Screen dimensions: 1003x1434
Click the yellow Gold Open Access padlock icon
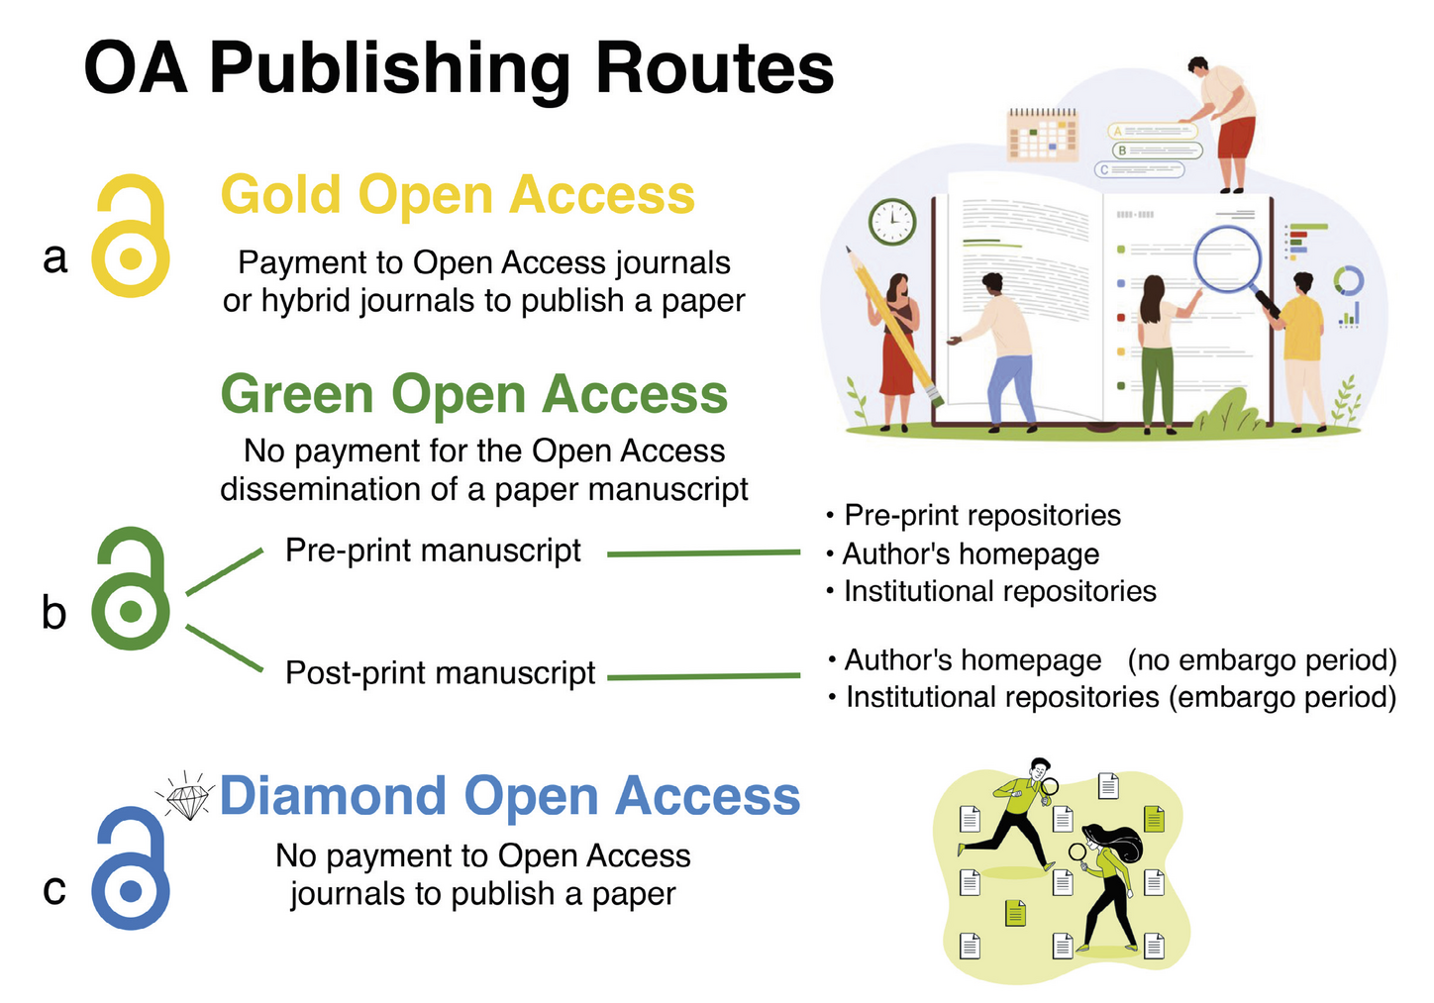pyautogui.click(x=130, y=238)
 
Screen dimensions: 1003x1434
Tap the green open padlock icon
pyautogui.click(x=130, y=590)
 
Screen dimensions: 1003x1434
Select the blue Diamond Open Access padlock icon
pyautogui.click(x=130, y=869)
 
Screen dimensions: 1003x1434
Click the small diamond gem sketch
pyautogui.click(x=188, y=799)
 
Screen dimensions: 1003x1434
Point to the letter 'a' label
pyautogui.click(x=55, y=257)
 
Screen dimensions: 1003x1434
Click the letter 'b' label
pyautogui.click(x=54, y=613)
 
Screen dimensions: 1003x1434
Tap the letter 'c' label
pyautogui.click(x=54, y=889)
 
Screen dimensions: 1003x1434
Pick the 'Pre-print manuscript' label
pyautogui.click(x=433, y=551)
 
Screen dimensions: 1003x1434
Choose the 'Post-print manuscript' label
pyautogui.click(x=440, y=673)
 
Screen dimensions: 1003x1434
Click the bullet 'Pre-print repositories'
pyautogui.click(x=981, y=516)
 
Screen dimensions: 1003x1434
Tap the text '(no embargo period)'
pyautogui.click(x=1262, y=660)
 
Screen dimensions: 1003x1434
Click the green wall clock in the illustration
pyautogui.click(x=891, y=222)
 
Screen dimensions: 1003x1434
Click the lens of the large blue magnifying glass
pyautogui.click(x=1226, y=258)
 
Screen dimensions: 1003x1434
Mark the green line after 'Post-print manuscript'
pyautogui.click(x=703, y=677)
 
